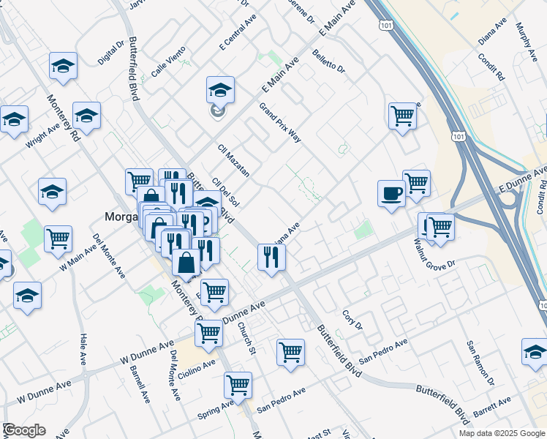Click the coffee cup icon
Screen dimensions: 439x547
click(391, 193)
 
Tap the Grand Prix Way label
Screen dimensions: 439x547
click(280, 122)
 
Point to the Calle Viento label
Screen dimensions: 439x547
click(169, 63)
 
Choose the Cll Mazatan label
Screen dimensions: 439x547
click(234, 160)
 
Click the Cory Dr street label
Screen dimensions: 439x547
click(353, 320)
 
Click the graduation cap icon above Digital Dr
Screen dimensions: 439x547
click(64, 66)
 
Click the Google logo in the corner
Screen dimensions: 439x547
click(24, 430)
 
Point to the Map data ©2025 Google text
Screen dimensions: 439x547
click(501, 433)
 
